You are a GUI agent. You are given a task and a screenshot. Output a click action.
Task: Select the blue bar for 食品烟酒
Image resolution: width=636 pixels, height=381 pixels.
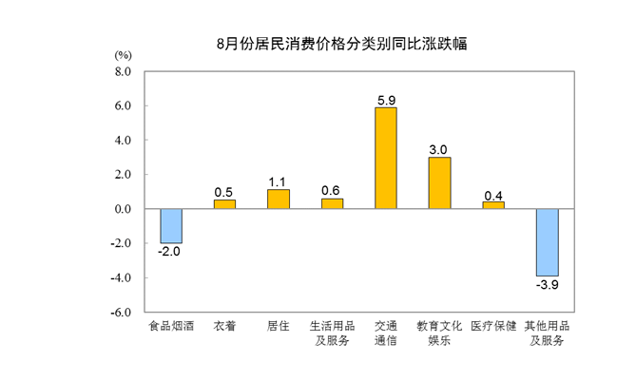(171, 226)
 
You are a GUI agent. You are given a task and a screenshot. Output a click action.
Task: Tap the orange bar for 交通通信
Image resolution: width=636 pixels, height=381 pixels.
(386, 158)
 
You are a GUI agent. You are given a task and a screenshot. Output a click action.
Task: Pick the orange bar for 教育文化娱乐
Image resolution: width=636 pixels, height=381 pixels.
(439, 182)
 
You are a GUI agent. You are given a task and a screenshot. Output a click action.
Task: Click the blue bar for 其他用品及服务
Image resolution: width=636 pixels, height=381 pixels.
(547, 242)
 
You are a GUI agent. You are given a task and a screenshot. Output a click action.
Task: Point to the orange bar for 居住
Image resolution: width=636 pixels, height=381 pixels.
(279, 200)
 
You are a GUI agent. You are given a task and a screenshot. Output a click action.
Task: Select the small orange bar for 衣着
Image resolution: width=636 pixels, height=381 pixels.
(224, 204)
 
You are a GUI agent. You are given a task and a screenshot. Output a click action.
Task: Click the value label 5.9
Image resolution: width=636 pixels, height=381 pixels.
(386, 98)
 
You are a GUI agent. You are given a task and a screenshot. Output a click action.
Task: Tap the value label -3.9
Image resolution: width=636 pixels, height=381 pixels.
(547, 285)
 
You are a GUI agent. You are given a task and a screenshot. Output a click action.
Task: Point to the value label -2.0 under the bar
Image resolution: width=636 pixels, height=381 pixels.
(170, 253)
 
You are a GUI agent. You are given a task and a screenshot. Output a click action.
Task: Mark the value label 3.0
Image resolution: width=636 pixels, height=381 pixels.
(439, 148)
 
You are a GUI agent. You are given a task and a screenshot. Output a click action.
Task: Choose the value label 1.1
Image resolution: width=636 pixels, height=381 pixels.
(279, 181)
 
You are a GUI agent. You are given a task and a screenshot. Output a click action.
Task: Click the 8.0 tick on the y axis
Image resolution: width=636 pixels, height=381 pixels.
(123, 71)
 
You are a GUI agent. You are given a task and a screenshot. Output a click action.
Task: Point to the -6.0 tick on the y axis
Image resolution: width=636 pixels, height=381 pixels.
(121, 312)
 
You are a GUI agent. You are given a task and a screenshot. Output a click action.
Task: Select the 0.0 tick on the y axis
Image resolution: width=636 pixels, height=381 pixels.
(123, 209)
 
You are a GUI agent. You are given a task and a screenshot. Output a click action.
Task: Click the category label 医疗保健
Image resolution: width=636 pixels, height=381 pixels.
(493, 326)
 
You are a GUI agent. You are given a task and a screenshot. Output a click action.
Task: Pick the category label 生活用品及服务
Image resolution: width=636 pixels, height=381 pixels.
(332, 333)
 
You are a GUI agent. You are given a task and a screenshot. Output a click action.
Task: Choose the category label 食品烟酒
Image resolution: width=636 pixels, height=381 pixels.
(171, 326)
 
